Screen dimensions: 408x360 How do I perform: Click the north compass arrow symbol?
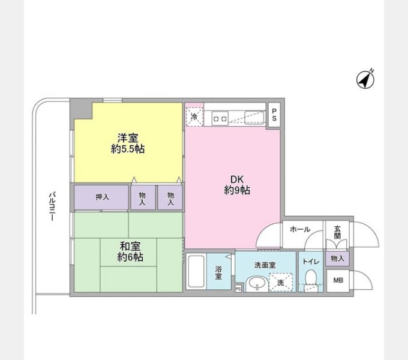coord(365,79)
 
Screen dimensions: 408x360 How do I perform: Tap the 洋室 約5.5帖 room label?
coord(128,143)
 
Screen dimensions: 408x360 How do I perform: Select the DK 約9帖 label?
coord(237,185)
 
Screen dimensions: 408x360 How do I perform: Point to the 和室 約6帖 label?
coord(130,252)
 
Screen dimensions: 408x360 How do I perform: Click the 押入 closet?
coord(101,197)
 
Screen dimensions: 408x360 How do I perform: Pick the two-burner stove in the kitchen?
coord(220,118)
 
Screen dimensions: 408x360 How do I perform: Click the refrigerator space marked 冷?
coord(194,117)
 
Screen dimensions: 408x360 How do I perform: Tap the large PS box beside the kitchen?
coord(274,115)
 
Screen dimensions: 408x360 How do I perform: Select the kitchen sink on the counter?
coord(254,118)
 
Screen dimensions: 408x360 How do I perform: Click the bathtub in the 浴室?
coord(196,271)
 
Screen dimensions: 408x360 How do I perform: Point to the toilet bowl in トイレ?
coord(310,280)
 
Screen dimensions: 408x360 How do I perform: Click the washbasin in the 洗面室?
coord(257,284)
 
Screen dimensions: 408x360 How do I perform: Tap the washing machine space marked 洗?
coord(281,282)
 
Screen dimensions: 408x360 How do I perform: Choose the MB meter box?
coord(338,280)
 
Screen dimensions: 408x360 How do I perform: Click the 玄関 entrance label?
coord(337,232)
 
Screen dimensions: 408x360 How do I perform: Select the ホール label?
coord(300,229)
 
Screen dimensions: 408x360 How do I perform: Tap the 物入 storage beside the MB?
coord(337,259)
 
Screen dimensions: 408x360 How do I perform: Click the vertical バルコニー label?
coord(53,206)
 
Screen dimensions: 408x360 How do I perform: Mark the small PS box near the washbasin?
coord(238,289)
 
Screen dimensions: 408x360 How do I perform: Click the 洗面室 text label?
coord(265,265)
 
